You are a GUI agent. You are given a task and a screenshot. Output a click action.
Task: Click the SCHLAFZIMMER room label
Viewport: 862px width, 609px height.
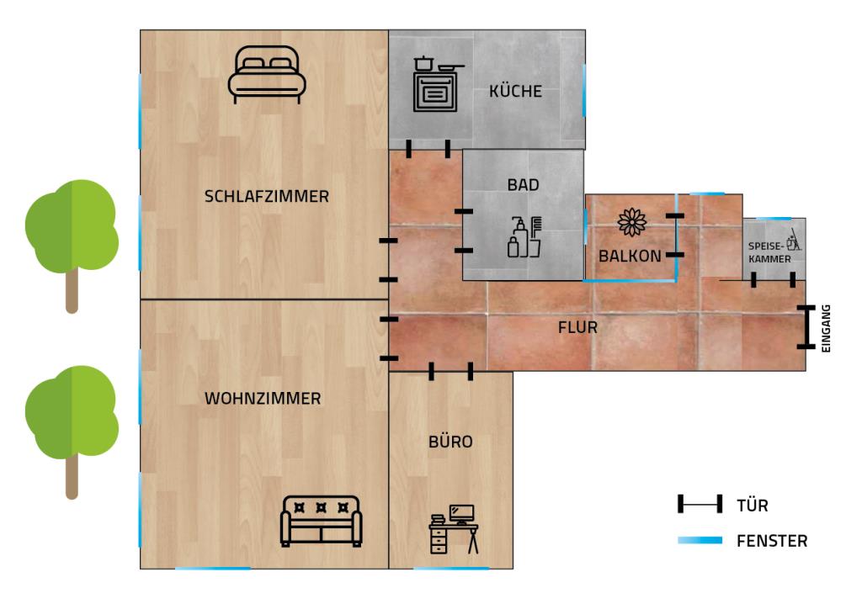click(267, 196)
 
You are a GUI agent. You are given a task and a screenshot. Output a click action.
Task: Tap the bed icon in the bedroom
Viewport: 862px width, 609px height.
click(267, 75)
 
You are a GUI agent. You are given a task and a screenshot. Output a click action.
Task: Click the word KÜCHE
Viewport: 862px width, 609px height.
click(515, 91)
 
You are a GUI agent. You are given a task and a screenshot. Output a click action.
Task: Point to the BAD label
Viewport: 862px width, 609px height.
click(523, 185)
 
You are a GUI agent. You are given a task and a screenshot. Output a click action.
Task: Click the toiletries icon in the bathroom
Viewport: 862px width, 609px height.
click(524, 237)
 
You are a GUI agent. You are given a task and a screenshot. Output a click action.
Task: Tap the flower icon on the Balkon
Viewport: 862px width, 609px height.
click(631, 222)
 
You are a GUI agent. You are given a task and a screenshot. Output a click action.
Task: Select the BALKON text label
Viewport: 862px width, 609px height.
click(630, 256)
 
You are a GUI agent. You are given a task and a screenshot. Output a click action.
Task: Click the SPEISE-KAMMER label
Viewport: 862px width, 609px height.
click(769, 252)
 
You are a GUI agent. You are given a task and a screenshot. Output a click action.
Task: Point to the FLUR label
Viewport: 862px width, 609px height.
click(577, 328)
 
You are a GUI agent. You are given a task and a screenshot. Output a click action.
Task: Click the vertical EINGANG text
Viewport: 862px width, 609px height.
click(826, 328)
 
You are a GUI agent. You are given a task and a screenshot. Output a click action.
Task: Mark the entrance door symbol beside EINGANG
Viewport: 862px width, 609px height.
click(806, 326)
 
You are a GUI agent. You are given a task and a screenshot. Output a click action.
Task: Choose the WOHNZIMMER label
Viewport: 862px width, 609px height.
click(263, 398)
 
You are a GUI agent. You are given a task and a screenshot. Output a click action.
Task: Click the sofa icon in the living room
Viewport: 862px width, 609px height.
click(321, 522)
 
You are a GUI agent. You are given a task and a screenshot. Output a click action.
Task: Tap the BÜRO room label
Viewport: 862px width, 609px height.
click(450, 442)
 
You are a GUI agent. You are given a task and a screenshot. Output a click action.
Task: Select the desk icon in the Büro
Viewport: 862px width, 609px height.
click(454, 529)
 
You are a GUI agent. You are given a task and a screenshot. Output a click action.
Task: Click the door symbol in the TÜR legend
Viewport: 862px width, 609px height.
click(700, 504)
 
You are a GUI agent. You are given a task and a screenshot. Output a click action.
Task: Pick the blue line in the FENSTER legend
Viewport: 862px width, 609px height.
click(700, 540)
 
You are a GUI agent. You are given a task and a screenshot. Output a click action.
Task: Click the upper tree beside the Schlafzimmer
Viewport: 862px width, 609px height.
click(72, 246)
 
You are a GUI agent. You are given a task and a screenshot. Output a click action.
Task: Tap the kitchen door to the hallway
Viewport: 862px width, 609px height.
click(428, 149)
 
